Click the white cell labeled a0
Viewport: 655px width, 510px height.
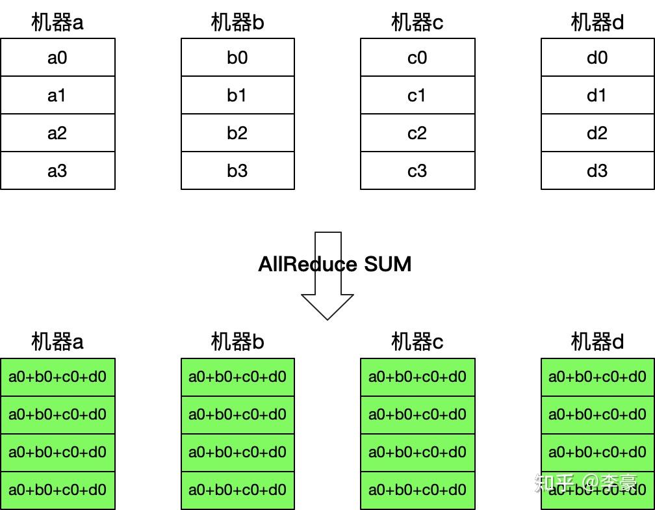(57, 58)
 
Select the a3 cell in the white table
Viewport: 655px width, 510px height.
(57, 171)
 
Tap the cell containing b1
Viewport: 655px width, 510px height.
(237, 96)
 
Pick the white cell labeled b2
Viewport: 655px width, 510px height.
(237, 133)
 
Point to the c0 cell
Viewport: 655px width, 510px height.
(417, 58)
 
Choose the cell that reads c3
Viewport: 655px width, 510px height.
(417, 171)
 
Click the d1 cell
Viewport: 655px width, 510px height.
(597, 96)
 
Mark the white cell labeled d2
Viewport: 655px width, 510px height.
(597, 133)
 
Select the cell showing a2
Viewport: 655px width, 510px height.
(57, 133)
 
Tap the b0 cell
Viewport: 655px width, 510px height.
(237, 58)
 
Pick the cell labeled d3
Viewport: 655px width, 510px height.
(597, 171)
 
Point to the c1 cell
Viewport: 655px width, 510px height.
(417, 96)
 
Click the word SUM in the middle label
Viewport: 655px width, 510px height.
(387, 264)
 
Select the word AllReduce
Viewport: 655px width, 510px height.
(307, 264)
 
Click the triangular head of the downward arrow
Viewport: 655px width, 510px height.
(327, 306)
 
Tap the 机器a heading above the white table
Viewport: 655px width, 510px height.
(57, 23)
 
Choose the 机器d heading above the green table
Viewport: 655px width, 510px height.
(597, 341)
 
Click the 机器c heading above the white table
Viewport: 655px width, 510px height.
(417, 23)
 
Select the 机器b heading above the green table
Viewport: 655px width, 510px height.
(237, 341)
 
